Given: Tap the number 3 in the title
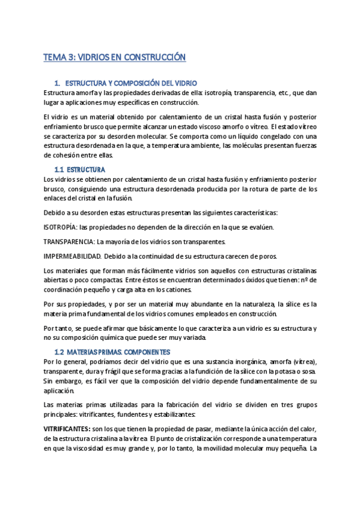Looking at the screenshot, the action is coord(70,58).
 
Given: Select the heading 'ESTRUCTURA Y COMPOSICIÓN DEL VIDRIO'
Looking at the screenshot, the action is coord(130,83).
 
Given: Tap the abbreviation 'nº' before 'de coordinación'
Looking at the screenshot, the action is coord(304,280).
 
